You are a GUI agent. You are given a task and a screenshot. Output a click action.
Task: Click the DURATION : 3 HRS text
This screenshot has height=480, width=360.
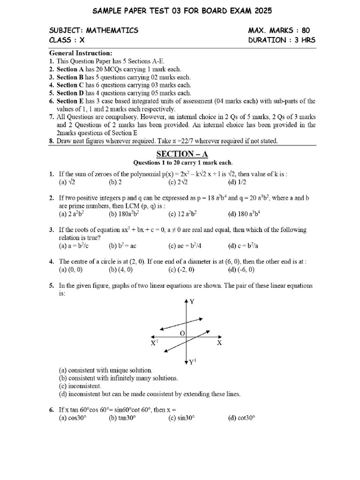pyautogui.click(x=282, y=40)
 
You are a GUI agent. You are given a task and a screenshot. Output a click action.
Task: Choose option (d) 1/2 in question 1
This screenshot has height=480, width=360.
pyautogui.click(x=238, y=182)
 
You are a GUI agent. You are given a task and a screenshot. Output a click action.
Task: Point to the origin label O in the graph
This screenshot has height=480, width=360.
pyautogui.click(x=183, y=333)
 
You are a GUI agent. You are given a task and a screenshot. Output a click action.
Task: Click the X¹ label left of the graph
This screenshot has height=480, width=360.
pyautogui.click(x=154, y=344)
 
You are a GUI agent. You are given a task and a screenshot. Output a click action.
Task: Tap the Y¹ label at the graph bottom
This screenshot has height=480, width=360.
pyautogui.click(x=192, y=362)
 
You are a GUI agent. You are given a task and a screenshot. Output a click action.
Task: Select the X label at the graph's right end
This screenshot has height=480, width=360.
pyautogui.click(x=219, y=343)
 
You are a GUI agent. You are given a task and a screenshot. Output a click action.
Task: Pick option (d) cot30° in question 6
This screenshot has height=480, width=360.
pyautogui.click(x=241, y=418)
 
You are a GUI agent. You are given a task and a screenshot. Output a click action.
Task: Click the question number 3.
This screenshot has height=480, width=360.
pyautogui.click(x=52, y=230)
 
